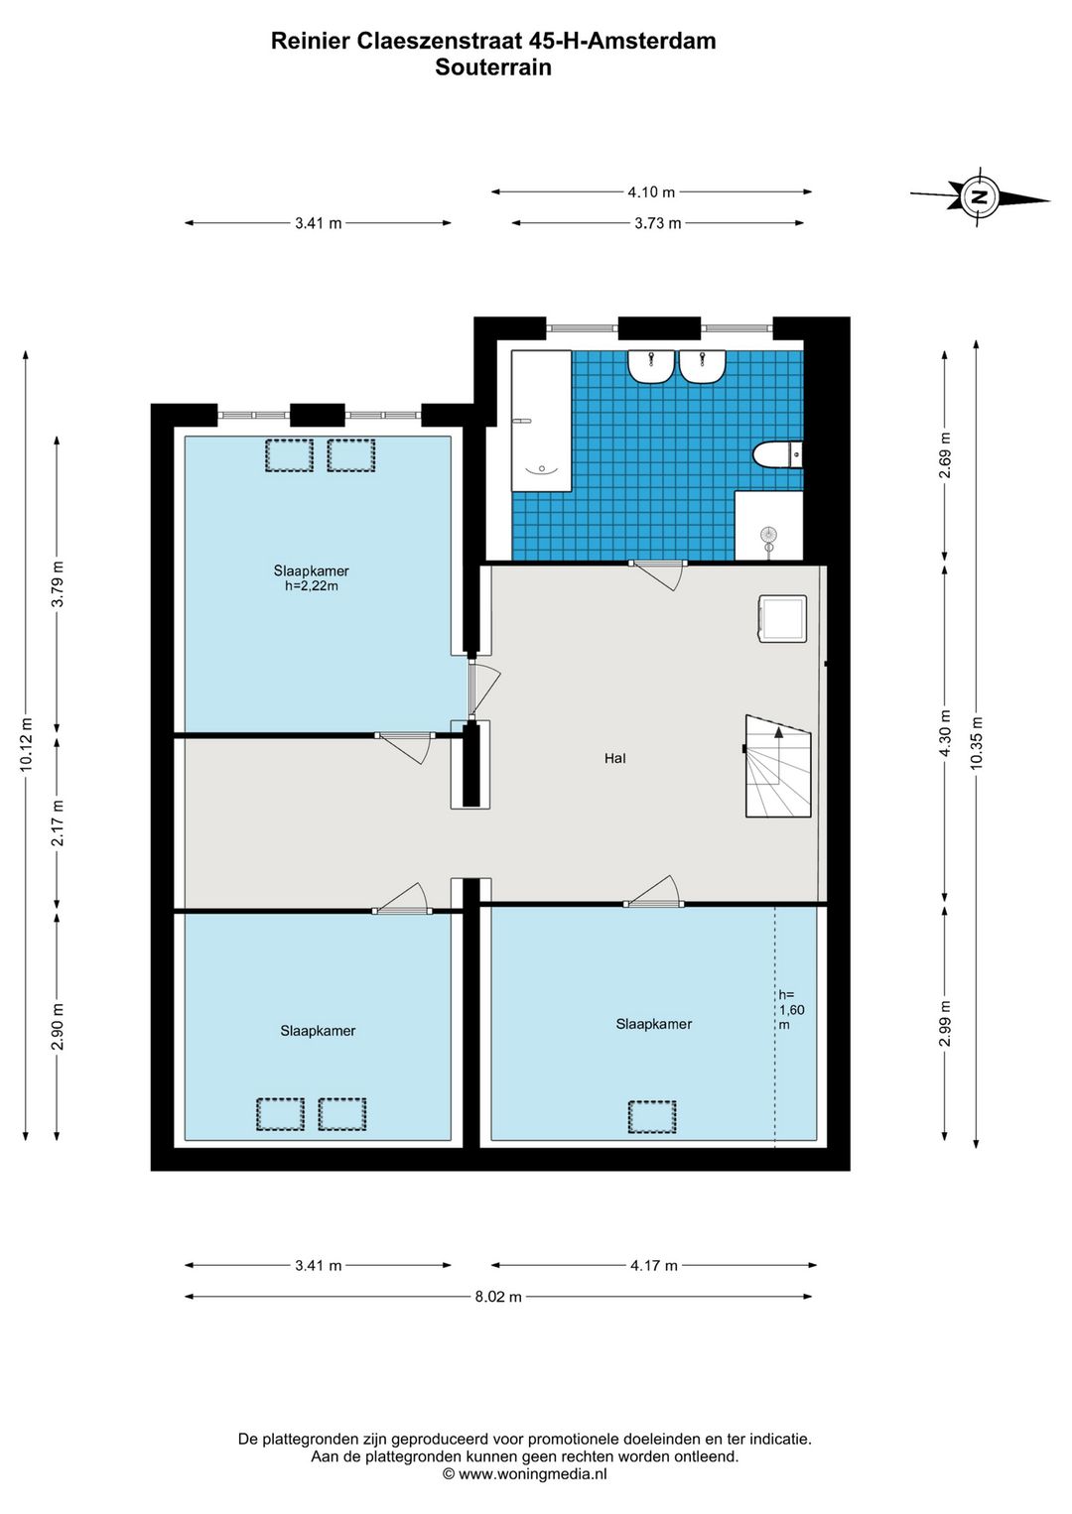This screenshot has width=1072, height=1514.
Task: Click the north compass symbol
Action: click(x=979, y=198)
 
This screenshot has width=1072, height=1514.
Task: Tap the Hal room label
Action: click(x=614, y=758)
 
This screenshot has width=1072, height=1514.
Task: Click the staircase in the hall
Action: click(x=778, y=766)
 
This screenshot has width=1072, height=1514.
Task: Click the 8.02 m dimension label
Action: click(x=498, y=1297)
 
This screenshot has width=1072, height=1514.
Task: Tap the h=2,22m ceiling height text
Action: click(x=311, y=586)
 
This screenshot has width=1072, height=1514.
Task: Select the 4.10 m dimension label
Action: click(x=651, y=191)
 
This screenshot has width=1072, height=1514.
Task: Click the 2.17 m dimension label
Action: click(x=59, y=822)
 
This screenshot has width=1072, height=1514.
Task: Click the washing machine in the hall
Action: click(x=782, y=618)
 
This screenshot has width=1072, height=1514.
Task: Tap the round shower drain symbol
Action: click(x=768, y=535)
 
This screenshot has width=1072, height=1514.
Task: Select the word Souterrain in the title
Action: click(x=493, y=67)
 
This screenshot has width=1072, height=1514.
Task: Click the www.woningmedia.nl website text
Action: click(x=532, y=1474)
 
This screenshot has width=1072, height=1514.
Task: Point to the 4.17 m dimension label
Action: click(x=654, y=1265)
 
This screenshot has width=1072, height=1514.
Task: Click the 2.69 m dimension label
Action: click(x=946, y=454)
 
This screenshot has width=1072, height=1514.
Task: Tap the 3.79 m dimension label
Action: click(x=59, y=584)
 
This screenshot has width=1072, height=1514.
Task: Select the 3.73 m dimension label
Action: click(x=657, y=223)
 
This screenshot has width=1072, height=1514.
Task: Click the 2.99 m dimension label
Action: click(x=946, y=1023)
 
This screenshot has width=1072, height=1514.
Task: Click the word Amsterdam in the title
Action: click(x=653, y=42)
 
